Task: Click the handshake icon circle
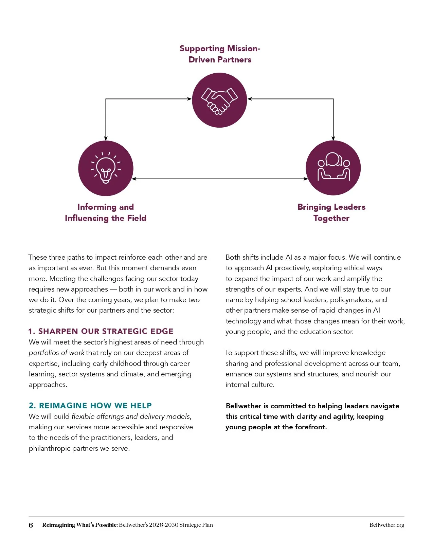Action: pyautogui.click(x=219, y=100)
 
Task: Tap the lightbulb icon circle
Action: pyautogui.click(x=106, y=168)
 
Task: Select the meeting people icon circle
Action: pyautogui.click(x=333, y=168)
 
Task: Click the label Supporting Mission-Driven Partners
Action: pyautogui.click(x=220, y=54)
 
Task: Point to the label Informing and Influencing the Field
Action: pyautogui.click(x=106, y=212)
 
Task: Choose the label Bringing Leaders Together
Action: pyautogui.click(x=331, y=212)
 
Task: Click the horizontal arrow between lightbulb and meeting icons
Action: pyautogui.click(x=219, y=179)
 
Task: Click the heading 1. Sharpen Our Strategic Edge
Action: pyautogui.click(x=101, y=331)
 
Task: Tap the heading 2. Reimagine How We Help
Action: pyautogui.click(x=90, y=406)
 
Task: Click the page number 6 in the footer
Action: pyautogui.click(x=31, y=525)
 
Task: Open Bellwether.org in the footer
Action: pyautogui.click(x=387, y=525)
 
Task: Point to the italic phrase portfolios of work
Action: pyautogui.click(x=56, y=353)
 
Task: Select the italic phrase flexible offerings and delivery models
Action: pyautogui.click(x=131, y=416)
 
